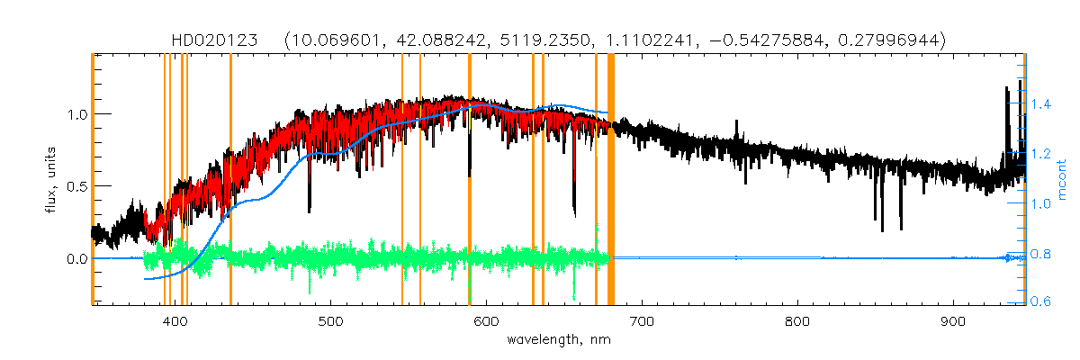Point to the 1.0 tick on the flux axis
pos(75,114)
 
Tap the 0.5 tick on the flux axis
pos(75,186)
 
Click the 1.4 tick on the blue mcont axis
pos(1042,105)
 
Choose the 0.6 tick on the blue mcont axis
pos(1042,301)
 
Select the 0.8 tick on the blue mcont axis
pos(1042,253)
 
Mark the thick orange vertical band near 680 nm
pos(611,180)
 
